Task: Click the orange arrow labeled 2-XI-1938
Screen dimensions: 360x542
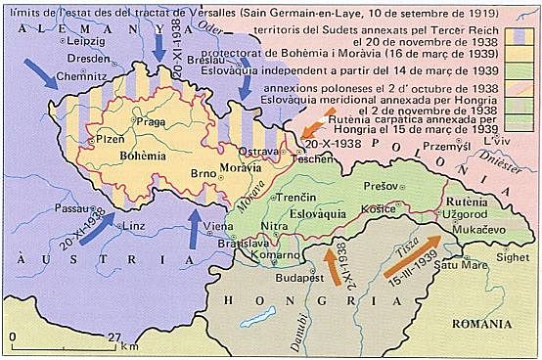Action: coord(332,265)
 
